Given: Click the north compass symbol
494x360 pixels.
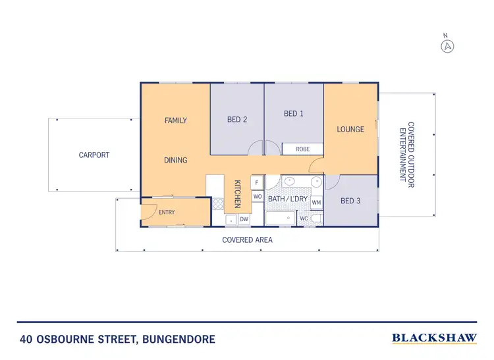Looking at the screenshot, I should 448,46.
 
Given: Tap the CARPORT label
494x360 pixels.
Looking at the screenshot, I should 94,155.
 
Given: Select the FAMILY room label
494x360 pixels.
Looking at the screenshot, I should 176,120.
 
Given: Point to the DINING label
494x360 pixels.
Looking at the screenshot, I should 176,160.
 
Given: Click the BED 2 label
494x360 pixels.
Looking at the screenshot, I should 237,120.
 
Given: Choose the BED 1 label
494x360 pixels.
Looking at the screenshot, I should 294,114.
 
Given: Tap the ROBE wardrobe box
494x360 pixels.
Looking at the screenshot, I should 302,149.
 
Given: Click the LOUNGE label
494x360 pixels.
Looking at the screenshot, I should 350,129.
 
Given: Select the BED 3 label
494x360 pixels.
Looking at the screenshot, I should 351,201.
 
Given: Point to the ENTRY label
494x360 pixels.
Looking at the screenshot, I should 167,213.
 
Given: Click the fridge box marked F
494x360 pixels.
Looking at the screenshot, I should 258,182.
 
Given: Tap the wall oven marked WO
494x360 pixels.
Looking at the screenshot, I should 258,196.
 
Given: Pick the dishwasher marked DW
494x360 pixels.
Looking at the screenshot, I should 244,219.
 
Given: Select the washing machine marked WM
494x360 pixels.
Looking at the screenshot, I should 316,202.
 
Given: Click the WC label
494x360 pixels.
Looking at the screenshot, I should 304,219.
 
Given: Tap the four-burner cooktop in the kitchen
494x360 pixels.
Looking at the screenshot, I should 218,203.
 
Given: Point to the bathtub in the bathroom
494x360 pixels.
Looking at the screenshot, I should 281,219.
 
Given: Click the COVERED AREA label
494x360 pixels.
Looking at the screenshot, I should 247,240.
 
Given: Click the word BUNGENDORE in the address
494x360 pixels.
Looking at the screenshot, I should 174,340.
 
